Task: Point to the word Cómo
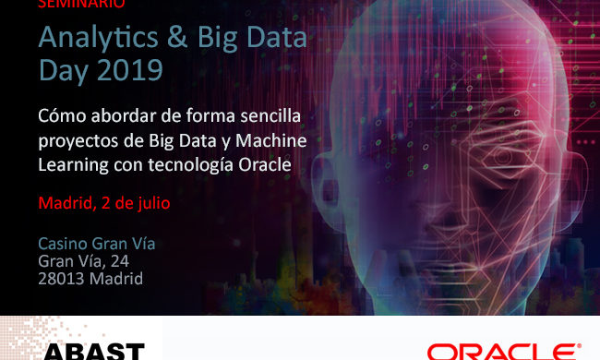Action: pyautogui.click(x=60, y=118)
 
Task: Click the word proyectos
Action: pyautogui.click(x=75, y=142)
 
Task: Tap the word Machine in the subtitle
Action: pyautogui.click(x=270, y=141)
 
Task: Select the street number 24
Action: pyautogui.click(x=143, y=261)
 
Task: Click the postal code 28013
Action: pyautogui.click(x=60, y=278)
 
